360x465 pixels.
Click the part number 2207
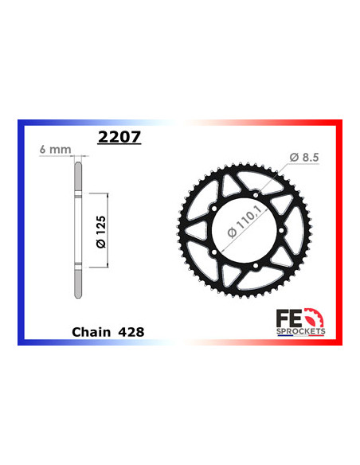point(119,136)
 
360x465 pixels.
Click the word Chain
point(91,328)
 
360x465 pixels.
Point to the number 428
point(131,328)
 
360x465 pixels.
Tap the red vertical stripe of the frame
point(340,231)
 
